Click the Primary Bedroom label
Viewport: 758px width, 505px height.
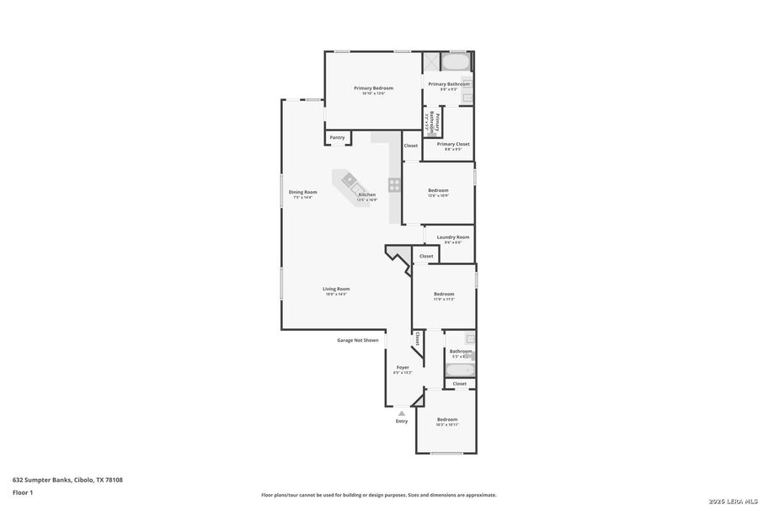373,88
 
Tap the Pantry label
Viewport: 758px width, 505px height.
337,137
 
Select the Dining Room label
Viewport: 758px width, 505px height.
302,192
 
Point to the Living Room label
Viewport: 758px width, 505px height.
336,290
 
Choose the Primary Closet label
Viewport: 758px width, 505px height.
453,144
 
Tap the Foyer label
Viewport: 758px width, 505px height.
403,368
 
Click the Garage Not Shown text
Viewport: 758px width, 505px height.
358,341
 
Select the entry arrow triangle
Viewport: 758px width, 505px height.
402,413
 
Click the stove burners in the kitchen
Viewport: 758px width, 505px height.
393,185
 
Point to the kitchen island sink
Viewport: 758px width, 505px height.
348,179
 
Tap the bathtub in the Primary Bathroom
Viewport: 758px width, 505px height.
456,62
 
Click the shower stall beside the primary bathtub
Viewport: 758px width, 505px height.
430,62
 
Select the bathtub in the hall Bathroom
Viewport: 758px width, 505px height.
459,370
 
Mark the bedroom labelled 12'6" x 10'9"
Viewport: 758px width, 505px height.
438,190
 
